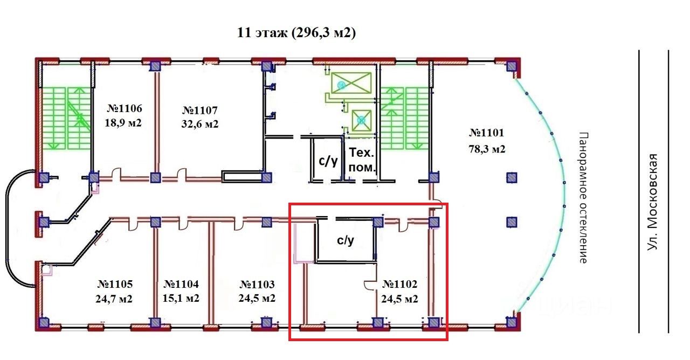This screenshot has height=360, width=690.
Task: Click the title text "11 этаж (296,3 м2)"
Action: [x=296, y=33]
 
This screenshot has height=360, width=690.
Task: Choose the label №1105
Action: [x=115, y=283]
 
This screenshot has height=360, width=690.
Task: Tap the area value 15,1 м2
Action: [x=181, y=299]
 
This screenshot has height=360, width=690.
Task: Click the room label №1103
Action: [x=257, y=283]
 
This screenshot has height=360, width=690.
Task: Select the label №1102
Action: [x=399, y=283]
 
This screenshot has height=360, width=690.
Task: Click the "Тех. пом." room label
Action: [x=361, y=160]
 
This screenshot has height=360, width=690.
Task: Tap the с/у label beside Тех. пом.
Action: [x=329, y=160]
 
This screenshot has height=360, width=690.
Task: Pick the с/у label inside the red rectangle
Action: [x=346, y=241]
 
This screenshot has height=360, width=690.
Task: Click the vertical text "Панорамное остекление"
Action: [x=582, y=197]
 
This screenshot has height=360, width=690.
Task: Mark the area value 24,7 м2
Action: [x=115, y=299]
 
